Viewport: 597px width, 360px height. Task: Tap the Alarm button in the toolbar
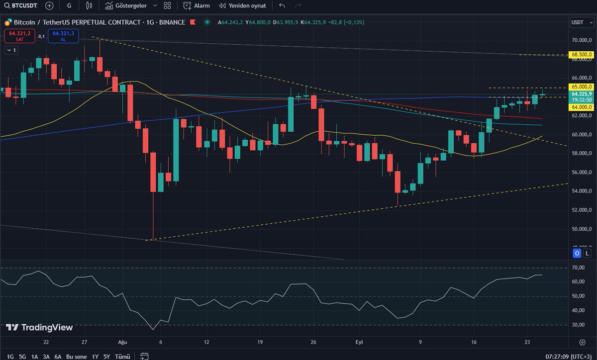click(x=197, y=6)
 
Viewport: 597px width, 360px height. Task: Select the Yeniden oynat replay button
click(x=242, y=6)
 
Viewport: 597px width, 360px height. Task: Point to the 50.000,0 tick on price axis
click(x=581, y=229)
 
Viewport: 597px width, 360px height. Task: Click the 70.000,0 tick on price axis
click(x=581, y=40)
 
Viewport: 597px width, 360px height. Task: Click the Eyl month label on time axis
click(x=359, y=342)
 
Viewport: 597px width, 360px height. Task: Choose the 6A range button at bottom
click(x=58, y=357)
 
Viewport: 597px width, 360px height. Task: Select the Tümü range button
click(x=122, y=357)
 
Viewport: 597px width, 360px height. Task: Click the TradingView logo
click(x=39, y=328)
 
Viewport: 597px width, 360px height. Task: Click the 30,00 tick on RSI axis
click(x=579, y=325)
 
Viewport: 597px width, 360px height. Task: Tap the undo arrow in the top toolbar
click(x=282, y=6)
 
